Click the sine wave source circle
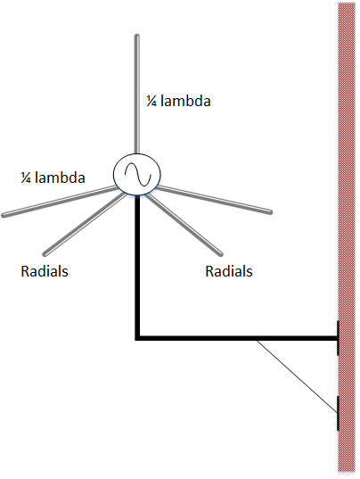tap(137, 174)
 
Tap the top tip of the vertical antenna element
tap(137, 36)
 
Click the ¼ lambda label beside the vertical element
tap(178, 101)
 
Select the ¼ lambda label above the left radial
tap(53, 178)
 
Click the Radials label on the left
tap(45, 271)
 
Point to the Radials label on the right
tap(229, 271)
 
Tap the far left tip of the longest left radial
tap(3, 216)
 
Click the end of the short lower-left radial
tap(45, 254)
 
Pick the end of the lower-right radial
tap(221, 254)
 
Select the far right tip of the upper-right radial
tap(271, 212)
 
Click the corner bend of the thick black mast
tap(137, 338)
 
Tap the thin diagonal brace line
tap(297, 376)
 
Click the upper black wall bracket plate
tap(338, 338)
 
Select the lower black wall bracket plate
tap(338, 413)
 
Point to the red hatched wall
tap(347, 237)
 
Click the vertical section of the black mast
tap(137, 266)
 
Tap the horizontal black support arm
tap(236, 338)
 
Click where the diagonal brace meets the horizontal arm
tap(257, 340)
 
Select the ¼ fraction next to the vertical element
tap(151, 101)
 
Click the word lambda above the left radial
tap(60, 178)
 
